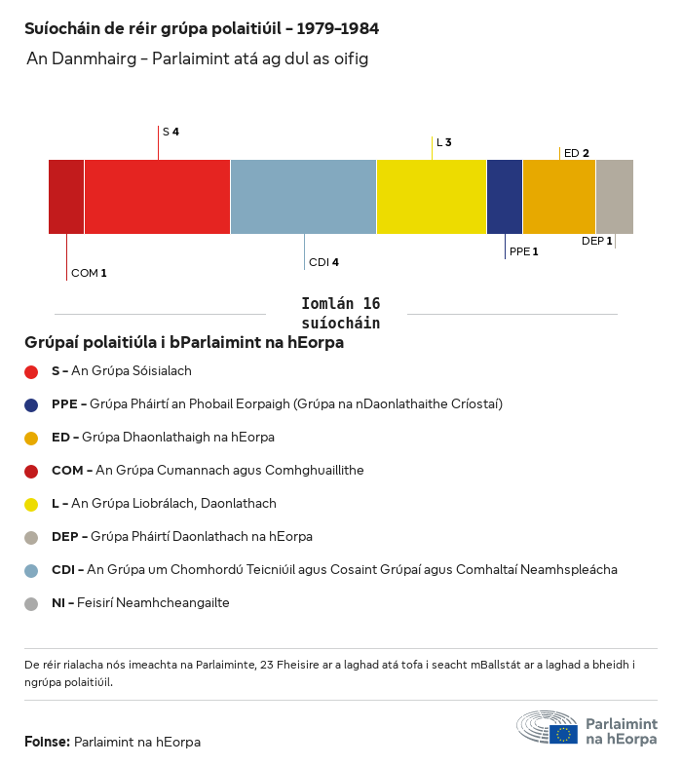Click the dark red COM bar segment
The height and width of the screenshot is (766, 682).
(x=66, y=197)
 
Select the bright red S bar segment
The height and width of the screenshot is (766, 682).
(x=157, y=197)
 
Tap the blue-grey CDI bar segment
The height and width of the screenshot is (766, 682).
(x=303, y=197)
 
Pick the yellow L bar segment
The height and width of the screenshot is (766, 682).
(x=432, y=197)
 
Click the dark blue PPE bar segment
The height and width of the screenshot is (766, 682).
(x=505, y=197)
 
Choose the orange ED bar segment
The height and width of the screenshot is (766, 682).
(x=559, y=197)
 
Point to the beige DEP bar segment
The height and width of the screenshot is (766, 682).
(x=614, y=197)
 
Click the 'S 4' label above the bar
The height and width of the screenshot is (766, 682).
(x=170, y=132)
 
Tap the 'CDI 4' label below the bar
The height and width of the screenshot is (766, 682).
(x=323, y=262)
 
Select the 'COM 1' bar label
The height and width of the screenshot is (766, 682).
(x=89, y=273)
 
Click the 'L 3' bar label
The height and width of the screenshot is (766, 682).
(x=443, y=142)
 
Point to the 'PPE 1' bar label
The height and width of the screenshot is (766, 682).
(x=523, y=251)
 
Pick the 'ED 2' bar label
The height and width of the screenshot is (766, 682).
(x=577, y=153)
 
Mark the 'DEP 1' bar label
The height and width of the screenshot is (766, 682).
(x=596, y=241)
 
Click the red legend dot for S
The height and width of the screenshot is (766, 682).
(x=31, y=371)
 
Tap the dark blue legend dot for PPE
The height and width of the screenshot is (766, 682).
(x=31, y=404)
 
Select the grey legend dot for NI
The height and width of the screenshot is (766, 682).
(x=31, y=603)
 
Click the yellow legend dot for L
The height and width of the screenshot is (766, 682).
(x=31, y=504)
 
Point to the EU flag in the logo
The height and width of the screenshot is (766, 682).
(x=563, y=734)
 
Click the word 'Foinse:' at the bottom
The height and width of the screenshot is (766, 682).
(x=47, y=743)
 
